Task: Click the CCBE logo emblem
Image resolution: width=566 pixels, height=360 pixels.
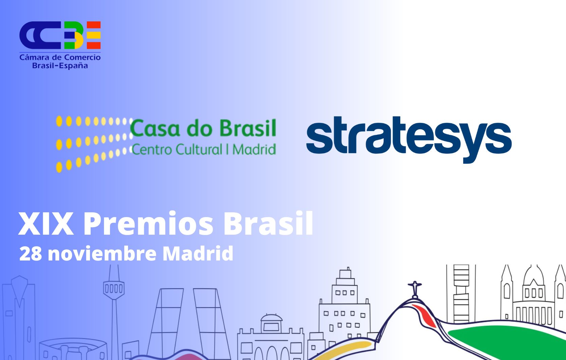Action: coord(60,35)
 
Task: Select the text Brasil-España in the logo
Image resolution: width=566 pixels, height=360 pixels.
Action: coord(60,66)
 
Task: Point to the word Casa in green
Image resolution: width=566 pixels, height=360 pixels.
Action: coord(155,129)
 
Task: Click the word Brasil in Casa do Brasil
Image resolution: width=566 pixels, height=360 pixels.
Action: coord(248,128)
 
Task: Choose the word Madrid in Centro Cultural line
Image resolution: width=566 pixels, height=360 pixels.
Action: coord(254,149)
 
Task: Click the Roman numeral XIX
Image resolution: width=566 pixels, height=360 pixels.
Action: coord(46,224)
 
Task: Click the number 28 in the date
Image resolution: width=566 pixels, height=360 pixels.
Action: coord(31,254)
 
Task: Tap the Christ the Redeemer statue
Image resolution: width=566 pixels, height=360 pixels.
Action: coord(414,289)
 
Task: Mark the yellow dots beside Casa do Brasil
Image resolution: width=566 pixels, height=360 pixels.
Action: coord(92,143)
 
